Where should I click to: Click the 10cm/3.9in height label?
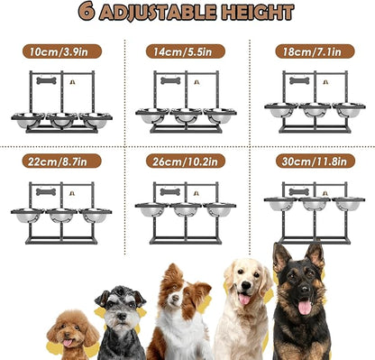[61, 51]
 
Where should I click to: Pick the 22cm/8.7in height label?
[61, 162]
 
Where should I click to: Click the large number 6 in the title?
[87, 13]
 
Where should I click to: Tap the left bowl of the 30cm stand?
[282, 204]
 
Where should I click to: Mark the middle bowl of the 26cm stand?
[186, 210]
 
